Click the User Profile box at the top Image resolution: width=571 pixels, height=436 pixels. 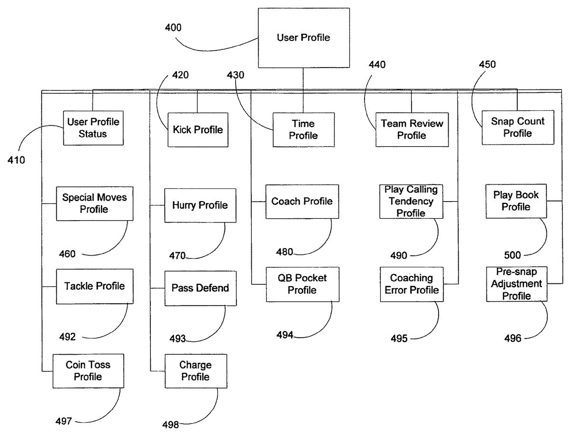303,38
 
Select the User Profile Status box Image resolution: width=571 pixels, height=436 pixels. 93,128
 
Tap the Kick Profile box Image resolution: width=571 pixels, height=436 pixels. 197,129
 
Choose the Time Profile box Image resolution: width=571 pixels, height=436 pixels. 304,129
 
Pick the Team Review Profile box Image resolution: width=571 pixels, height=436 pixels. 412,129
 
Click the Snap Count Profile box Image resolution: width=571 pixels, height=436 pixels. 517,127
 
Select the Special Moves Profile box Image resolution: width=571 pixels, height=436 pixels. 94,203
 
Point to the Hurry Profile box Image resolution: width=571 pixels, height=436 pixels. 200,205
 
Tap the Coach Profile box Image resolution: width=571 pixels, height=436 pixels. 302,201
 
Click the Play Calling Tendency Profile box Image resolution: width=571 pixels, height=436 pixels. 411,201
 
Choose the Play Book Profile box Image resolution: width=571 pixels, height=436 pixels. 516,201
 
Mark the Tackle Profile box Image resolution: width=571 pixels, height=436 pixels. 94,286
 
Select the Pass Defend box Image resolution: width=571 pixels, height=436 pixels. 200,288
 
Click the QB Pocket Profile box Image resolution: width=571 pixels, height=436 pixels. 303,284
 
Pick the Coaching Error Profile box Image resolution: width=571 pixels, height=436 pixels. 411,284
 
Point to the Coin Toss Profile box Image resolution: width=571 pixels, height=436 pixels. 88,371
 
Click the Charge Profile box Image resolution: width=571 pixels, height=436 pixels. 196,371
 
